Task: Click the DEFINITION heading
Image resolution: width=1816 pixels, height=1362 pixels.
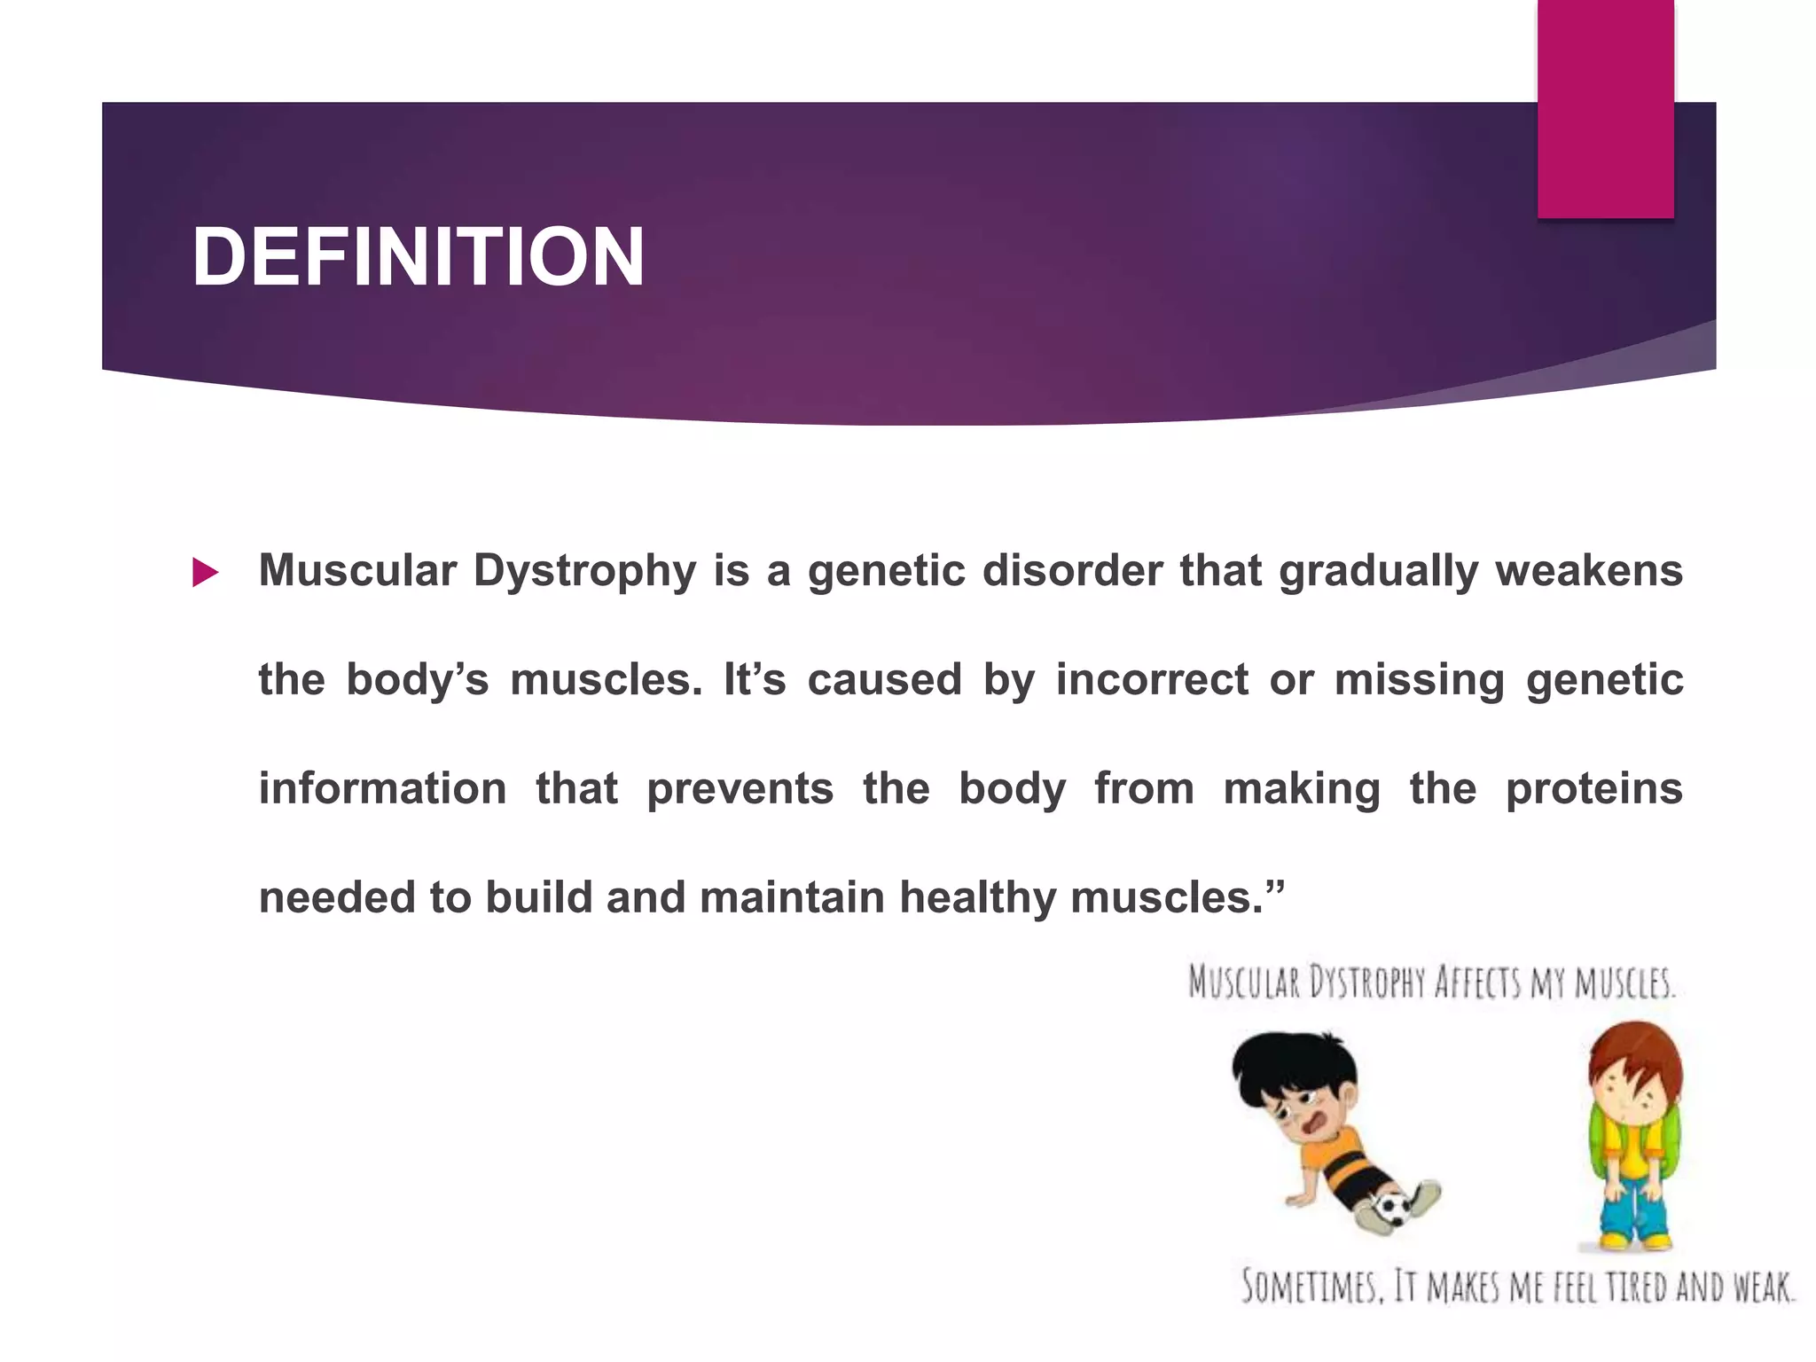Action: pyautogui.click(x=418, y=257)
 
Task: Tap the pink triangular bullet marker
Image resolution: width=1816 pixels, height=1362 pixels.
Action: pyautogui.click(x=205, y=573)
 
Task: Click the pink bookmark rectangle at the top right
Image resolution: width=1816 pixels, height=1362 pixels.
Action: pyautogui.click(x=1605, y=106)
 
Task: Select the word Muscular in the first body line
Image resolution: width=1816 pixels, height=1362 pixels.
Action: pyautogui.click(x=357, y=570)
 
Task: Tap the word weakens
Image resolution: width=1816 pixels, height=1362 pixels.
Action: pyautogui.click(x=1589, y=570)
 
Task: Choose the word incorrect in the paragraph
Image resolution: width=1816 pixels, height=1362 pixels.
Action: pyautogui.click(x=1152, y=680)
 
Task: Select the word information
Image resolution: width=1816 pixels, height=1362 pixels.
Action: pyautogui.click(x=382, y=788)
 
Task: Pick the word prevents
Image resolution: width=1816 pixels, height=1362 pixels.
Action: pyautogui.click(x=740, y=788)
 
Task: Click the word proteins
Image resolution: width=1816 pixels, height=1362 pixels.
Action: pyautogui.click(x=1593, y=788)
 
